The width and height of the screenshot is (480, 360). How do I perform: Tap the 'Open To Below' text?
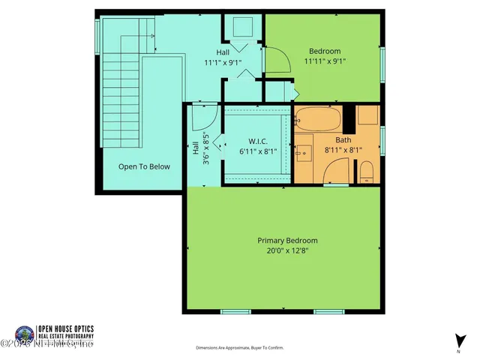point(144,167)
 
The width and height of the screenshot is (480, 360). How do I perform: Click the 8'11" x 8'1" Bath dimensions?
point(343,150)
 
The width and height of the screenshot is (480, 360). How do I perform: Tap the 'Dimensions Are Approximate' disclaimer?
point(240,348)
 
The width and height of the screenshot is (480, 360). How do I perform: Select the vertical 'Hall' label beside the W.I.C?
point(195,148)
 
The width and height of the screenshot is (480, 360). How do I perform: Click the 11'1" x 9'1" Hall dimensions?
point(223,63)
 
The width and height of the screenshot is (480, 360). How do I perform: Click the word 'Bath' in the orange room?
point(343,139)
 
